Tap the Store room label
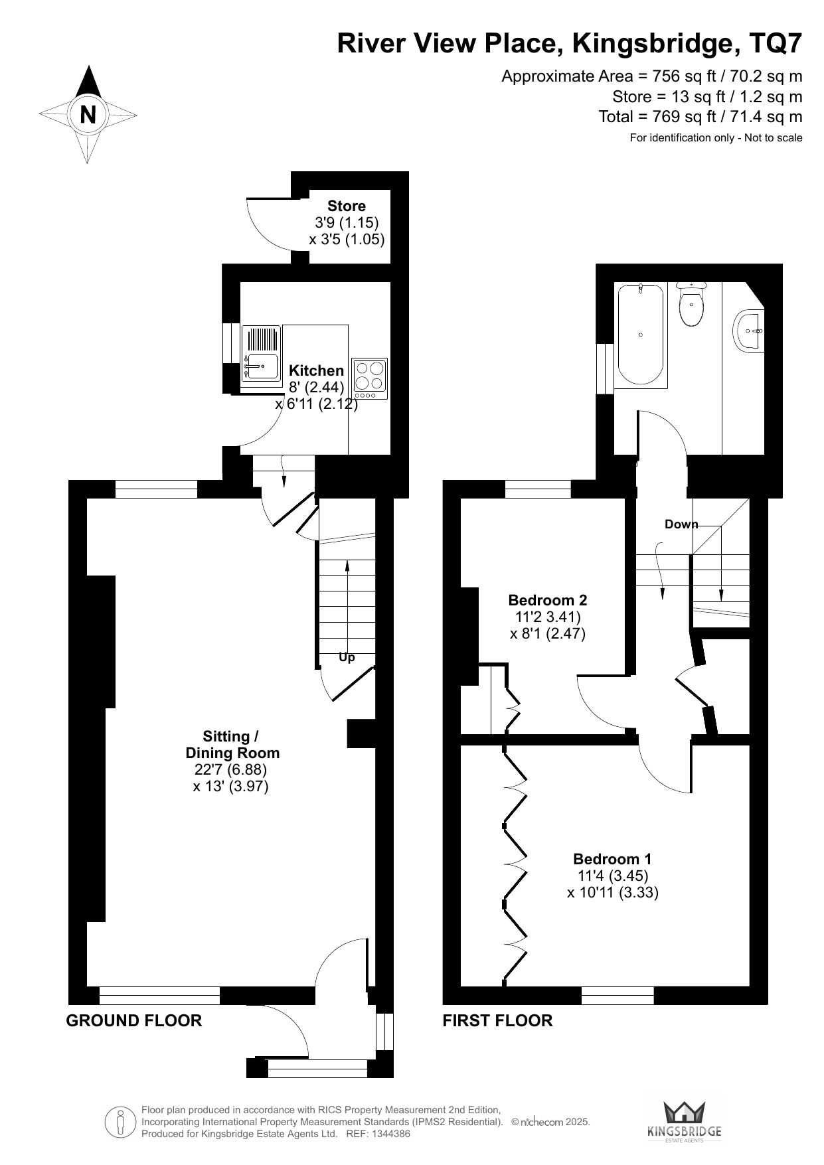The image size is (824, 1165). coord(347,206)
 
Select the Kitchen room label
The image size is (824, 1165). coord(317,370)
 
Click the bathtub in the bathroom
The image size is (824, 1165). coord(641,335)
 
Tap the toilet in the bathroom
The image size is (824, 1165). coord(692,305)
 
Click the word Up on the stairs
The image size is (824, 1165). coord(347,657)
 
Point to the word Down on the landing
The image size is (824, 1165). coord(681,524)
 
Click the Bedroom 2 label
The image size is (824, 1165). coord(548,600)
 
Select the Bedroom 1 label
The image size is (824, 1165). coord(612,858)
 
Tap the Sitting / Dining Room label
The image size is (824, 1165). coord(232,745)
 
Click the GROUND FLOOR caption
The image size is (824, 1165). coord(134,1020)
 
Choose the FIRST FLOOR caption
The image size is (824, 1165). coord(498,1020)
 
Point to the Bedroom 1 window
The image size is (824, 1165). coord(618,995)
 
